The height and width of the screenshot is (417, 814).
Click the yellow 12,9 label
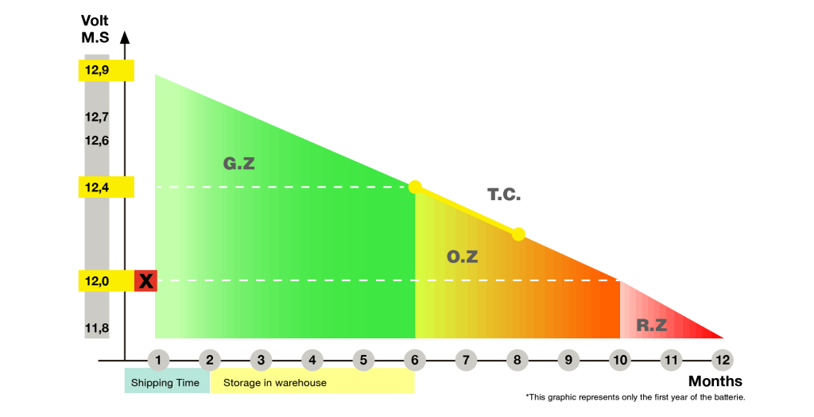(x=106, y=71)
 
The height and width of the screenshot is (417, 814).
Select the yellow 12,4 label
(x=106, y=187)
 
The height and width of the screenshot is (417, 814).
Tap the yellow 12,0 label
(x=106, y=280)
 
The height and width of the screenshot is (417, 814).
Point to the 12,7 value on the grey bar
(x=97, y=117)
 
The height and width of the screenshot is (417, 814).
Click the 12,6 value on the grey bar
(x=97, y=141)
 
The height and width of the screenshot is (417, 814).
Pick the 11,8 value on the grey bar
(x=97, y=327)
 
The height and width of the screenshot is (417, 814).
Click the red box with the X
(x=145, y=280)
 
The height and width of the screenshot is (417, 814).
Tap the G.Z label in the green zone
(x=238, y=164)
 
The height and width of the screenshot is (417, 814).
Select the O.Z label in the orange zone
(x=462, y=257)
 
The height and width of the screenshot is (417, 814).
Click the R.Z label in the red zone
(x=651, y=325)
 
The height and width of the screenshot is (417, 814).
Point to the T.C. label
(x=504, y=195)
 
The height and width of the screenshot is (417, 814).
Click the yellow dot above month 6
(x=415, y=187)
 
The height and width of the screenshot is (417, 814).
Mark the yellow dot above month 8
(x=518, y=234)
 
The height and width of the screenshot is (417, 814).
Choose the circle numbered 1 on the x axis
(x=158, y=361)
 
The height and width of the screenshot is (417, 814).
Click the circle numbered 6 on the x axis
(x=414, y=361)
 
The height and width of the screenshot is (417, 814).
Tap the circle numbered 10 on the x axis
(x=619, y=361)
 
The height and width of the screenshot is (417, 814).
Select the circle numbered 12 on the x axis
(x=722, y=361)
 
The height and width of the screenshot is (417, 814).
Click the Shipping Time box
(x=166, y=382)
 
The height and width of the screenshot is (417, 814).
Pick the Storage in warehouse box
(x=312, y=382)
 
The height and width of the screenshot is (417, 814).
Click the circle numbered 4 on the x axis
(x=312, y=361)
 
